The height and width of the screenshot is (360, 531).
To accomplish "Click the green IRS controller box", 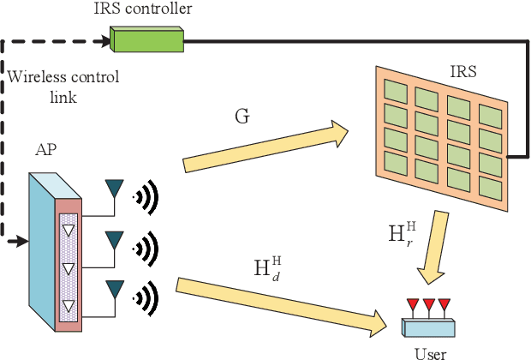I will (146, 39).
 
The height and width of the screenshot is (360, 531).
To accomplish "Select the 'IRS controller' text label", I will (142, 9).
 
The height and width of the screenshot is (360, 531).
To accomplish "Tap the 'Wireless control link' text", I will (63, 86).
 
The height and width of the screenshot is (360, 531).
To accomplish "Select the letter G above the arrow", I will (242, 115).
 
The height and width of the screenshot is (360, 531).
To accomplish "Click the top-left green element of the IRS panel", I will (395, 89).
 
